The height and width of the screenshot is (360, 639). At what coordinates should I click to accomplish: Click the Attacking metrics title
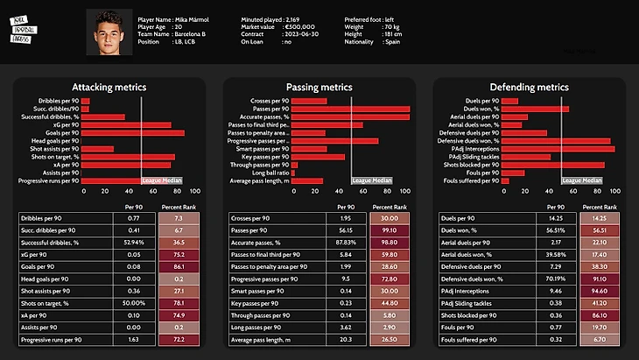pos(109,88)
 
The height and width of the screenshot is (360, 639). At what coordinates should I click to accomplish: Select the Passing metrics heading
pos(319,88)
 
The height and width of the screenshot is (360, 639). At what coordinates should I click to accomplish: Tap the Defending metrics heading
pos(529,88)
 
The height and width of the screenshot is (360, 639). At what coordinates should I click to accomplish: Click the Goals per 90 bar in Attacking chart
pos(132,133)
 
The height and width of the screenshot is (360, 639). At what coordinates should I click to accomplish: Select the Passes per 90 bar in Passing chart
pos(350,108)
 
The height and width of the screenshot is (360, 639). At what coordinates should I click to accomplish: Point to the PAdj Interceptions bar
pos(557,149)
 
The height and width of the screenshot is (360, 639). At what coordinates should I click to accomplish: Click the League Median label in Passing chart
pos(372,180)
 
